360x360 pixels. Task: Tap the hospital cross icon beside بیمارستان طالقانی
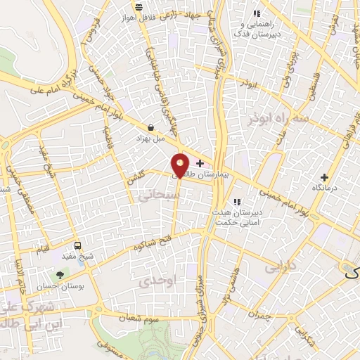(200, 163)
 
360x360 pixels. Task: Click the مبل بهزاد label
(150, 139)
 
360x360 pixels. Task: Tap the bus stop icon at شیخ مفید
(77, 247)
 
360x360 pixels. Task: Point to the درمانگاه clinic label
(324, 188)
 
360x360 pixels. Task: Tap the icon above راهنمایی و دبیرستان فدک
(256, 13)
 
